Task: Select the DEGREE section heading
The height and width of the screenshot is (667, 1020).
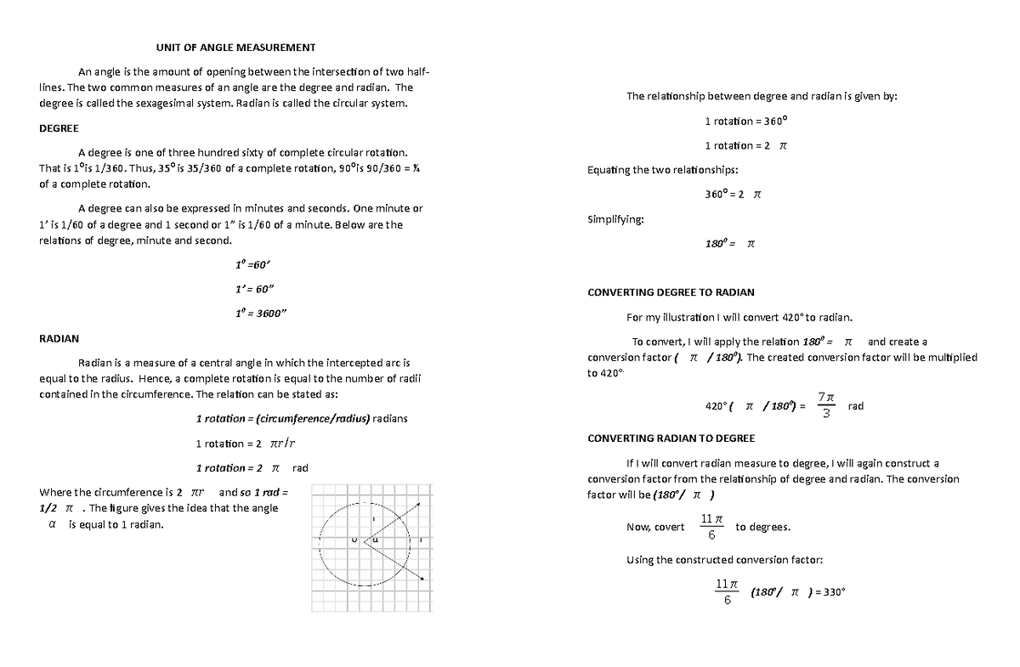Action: [x=59, y=127]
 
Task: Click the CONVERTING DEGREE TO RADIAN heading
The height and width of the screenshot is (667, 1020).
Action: [x=671, y=292]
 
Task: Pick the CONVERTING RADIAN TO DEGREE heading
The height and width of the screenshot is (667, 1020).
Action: [x=671, y=438]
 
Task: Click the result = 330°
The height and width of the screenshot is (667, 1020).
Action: [x=827, y=593]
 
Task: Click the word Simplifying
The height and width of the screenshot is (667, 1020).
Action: [x=615, y=220]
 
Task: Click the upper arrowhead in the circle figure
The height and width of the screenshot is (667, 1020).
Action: [x=419, y=506]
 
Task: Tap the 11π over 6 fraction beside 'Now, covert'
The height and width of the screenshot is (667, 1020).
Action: [x=711, y=527]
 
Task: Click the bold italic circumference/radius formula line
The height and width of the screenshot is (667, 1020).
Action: [x=302, y=418]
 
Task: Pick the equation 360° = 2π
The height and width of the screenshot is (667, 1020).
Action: [x=734, y=194]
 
